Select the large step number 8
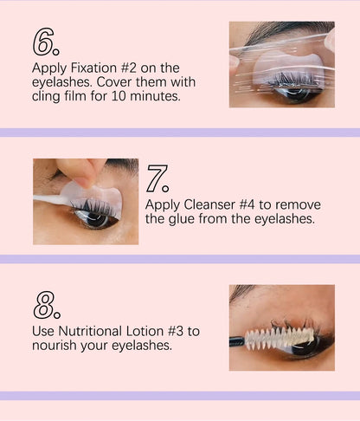(x=45, y=306)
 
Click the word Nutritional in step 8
(x=95, y=331)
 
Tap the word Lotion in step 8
(x=154, y=331)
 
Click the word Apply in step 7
(x=164, y=205)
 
